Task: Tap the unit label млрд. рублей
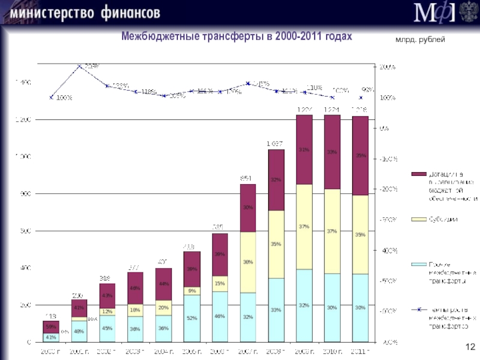tap(420, 39)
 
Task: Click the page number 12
tap(470, 346)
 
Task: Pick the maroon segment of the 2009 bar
tap(304, 149)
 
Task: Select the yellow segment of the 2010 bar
tap(332, 231)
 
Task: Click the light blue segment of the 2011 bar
tap(360, 307)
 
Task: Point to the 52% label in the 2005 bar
tap(192, 319)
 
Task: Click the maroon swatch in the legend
tap(418, 173)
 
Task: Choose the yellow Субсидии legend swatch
tap(418, 219)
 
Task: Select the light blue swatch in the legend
tap(418, 264)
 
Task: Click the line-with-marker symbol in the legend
tap(418, 310)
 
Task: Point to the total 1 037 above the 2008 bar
tap(276, 144)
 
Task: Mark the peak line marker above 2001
tap(80, 67)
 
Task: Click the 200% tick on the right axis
tap(386, 67)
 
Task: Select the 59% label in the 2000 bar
tap(51, 326)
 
